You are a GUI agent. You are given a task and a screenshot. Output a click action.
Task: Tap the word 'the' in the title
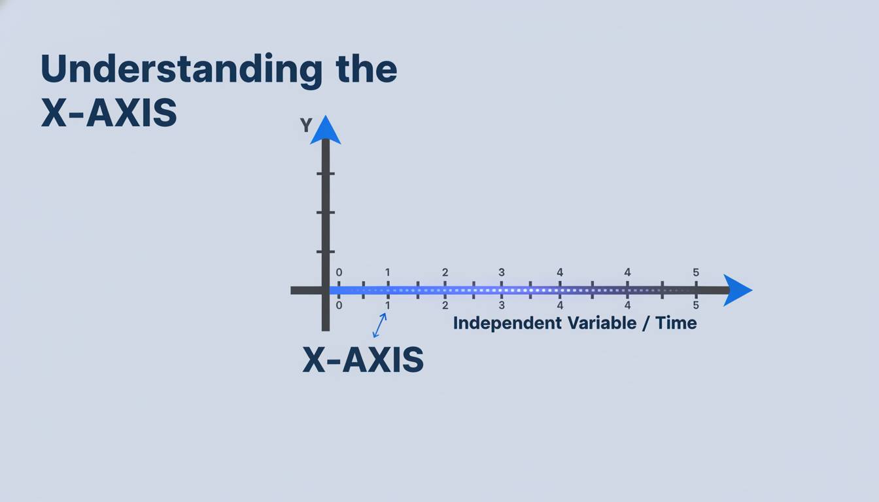click(366, 69)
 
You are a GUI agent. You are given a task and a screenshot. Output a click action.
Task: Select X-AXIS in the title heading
click(109, 113)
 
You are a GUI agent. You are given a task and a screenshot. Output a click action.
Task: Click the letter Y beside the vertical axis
click(305, 125)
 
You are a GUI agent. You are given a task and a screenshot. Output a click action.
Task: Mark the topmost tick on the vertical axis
click(326, 173)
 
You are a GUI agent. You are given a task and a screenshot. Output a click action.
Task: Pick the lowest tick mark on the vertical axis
click(326, 252)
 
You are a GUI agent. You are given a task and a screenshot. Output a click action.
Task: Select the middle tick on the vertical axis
click(326, 212)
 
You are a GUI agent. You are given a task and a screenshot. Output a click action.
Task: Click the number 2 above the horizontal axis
click(445, 273)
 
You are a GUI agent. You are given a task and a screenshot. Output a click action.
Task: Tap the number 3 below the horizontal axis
click(502, 305)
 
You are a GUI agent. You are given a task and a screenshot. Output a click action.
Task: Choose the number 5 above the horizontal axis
click(696, 273)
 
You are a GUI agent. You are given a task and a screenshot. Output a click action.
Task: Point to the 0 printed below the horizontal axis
click(339, 305)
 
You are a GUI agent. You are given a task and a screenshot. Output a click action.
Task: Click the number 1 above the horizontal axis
click(387, 273)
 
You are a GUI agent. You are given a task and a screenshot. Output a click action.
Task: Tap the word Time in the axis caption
click(677, 323)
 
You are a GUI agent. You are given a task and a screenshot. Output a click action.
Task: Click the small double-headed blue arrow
click(379, 325)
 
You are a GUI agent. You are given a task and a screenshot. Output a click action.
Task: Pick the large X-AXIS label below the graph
click(363, 360)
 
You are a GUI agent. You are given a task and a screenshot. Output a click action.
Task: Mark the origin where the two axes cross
click(326, 290)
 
